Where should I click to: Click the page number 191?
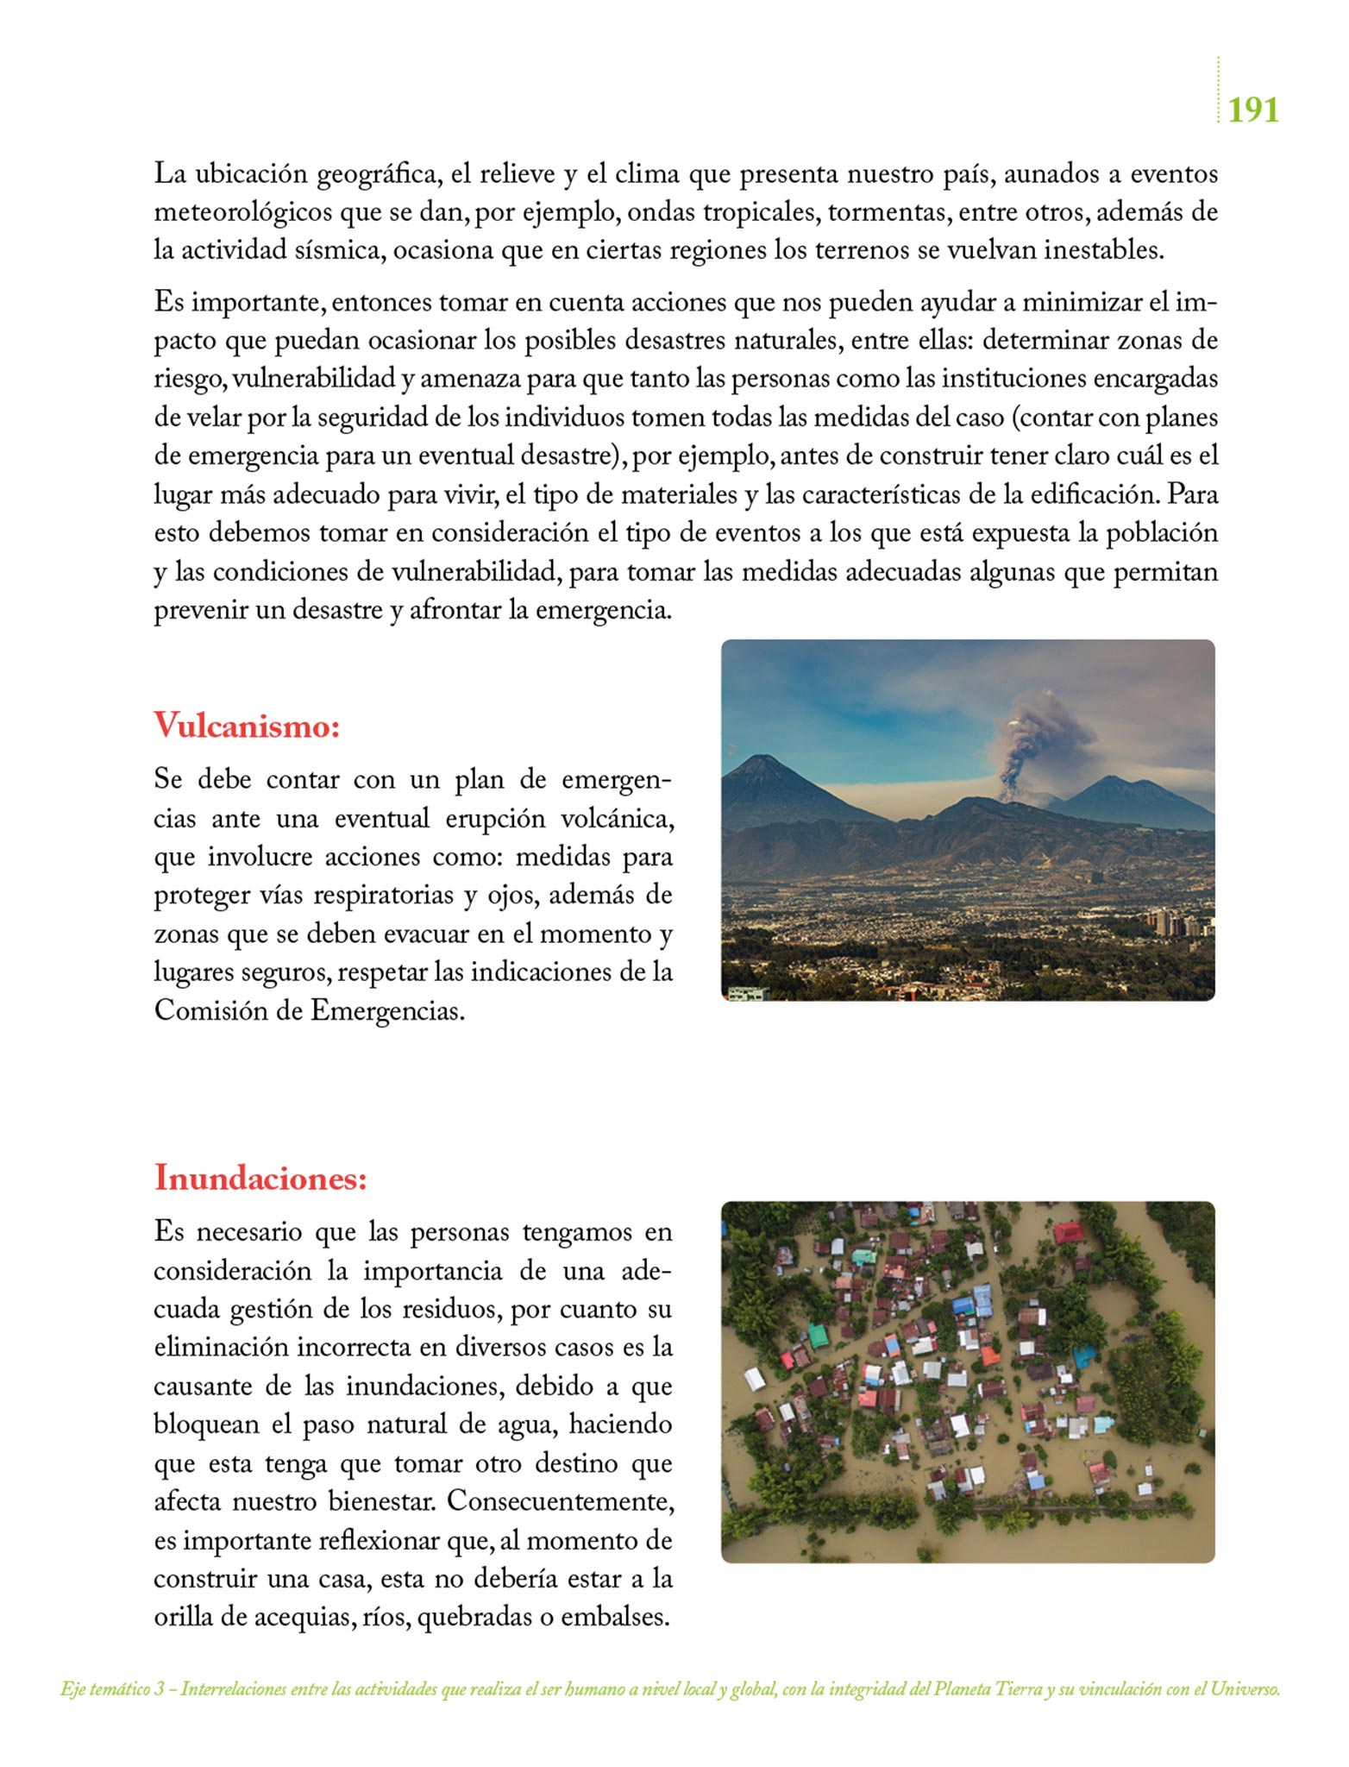(1252, 110)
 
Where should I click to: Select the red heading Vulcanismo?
(247, 726)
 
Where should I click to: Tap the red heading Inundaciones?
(260, 1178)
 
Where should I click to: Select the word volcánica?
(617, 818)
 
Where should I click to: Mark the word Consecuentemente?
(560, 1501)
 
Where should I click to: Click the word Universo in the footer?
(1245, 1689)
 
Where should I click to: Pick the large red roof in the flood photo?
(1068, 1231)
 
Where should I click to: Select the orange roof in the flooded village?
(990, 1355)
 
